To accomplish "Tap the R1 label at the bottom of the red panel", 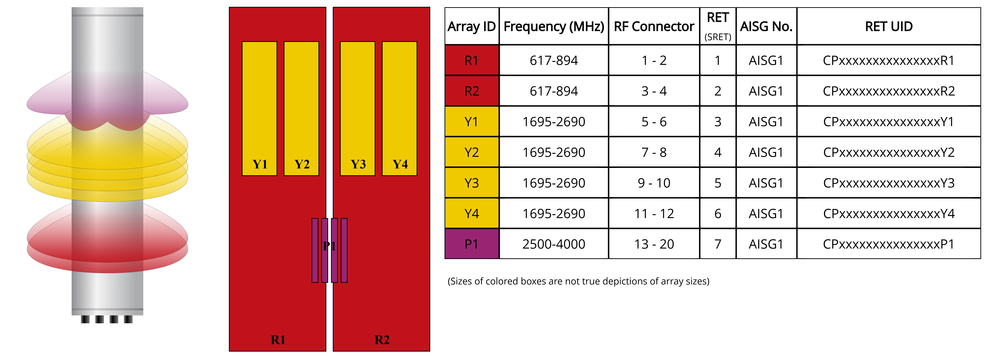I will tap(278, 340).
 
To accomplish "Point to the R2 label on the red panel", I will tap(382, 340).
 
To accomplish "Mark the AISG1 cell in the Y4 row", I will tap(766, 214).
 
